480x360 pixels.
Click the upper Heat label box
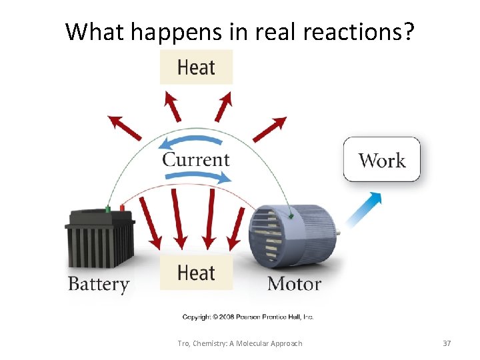pos(196,67)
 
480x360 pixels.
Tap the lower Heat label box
pos(196,273)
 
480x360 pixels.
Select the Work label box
pos(382,160)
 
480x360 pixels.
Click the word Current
pos(196,160)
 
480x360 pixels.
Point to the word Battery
pos(98,284)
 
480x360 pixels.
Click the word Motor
pos(294,284)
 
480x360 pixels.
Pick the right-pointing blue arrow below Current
pos(198,177)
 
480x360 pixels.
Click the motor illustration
pos(293,233)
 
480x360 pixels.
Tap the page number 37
pos(447,343)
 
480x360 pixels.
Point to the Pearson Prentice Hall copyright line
pos(248,317)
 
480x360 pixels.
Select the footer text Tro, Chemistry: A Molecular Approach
pos(240,343)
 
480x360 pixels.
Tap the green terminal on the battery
pos(108,209)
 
